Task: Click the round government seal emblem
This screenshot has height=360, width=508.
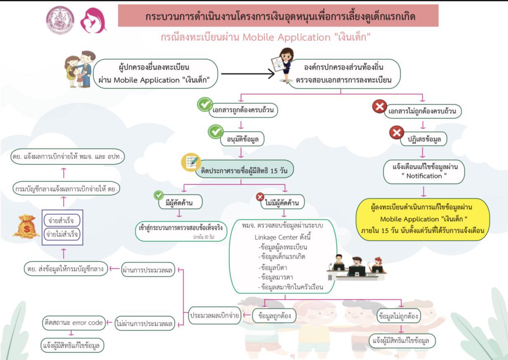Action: (60, 20)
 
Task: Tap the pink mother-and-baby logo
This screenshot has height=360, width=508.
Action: (93, 21)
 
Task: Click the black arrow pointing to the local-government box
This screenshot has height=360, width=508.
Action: (248, 74)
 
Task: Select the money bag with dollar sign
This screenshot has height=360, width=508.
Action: (26, 227)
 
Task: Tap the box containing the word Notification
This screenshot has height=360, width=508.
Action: (424, 172)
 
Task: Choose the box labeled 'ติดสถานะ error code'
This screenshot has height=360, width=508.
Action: (74, 323)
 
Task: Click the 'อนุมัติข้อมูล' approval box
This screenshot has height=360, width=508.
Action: (242, 139)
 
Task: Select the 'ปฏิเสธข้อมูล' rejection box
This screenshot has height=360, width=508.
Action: (424, 139)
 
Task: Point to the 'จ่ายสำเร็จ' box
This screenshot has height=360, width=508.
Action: (62, 220)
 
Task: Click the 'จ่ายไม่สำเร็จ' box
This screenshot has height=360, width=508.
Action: (62, 234)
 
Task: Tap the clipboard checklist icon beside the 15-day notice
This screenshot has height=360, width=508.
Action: (191, 162)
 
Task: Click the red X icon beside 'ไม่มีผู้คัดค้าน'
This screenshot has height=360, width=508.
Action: (260, 196)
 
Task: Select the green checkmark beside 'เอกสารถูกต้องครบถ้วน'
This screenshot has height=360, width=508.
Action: (205, 104)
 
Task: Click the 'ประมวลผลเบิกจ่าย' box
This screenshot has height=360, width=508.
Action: (214, 316)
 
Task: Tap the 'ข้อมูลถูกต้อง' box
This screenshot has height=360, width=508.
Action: (274, 316)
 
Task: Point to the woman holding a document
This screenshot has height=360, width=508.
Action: (284, 65)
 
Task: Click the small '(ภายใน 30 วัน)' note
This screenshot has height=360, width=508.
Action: (204, 237)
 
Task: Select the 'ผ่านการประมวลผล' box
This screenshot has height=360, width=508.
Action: (148, 270)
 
